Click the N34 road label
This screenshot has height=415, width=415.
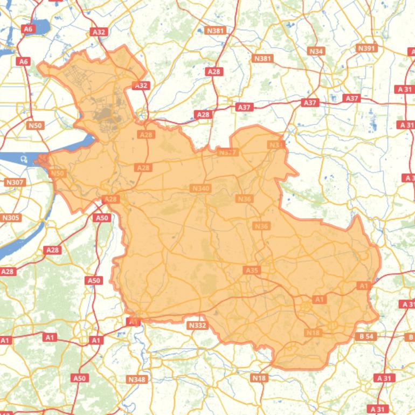[x=316, y=51]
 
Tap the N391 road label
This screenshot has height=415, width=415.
[x=366, y=48]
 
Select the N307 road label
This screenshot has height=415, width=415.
[x=15, y=182]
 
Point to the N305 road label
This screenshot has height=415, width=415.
[x=11, y=218]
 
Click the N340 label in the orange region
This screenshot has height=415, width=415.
[x=200, y=188]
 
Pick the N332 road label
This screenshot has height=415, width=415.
[x=197, y=325]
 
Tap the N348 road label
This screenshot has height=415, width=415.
[x=137, y=379]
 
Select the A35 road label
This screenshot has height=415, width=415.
[x=252, y=270]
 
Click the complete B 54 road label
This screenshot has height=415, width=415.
[x=366, y=336]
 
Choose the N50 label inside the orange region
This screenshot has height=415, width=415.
[x=57, y=173]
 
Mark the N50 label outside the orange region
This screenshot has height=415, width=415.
[x=35, y=126]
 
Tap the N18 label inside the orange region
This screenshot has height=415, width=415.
[x=313, y=333]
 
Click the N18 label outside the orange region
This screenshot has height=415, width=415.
[x=259, y=378]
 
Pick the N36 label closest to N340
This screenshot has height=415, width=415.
[x=244, y=199]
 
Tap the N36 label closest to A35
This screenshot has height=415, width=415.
[x=261, y=226]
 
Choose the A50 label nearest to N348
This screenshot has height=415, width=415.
[x=79, y=378]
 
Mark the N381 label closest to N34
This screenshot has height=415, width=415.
[x=263, y=58]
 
